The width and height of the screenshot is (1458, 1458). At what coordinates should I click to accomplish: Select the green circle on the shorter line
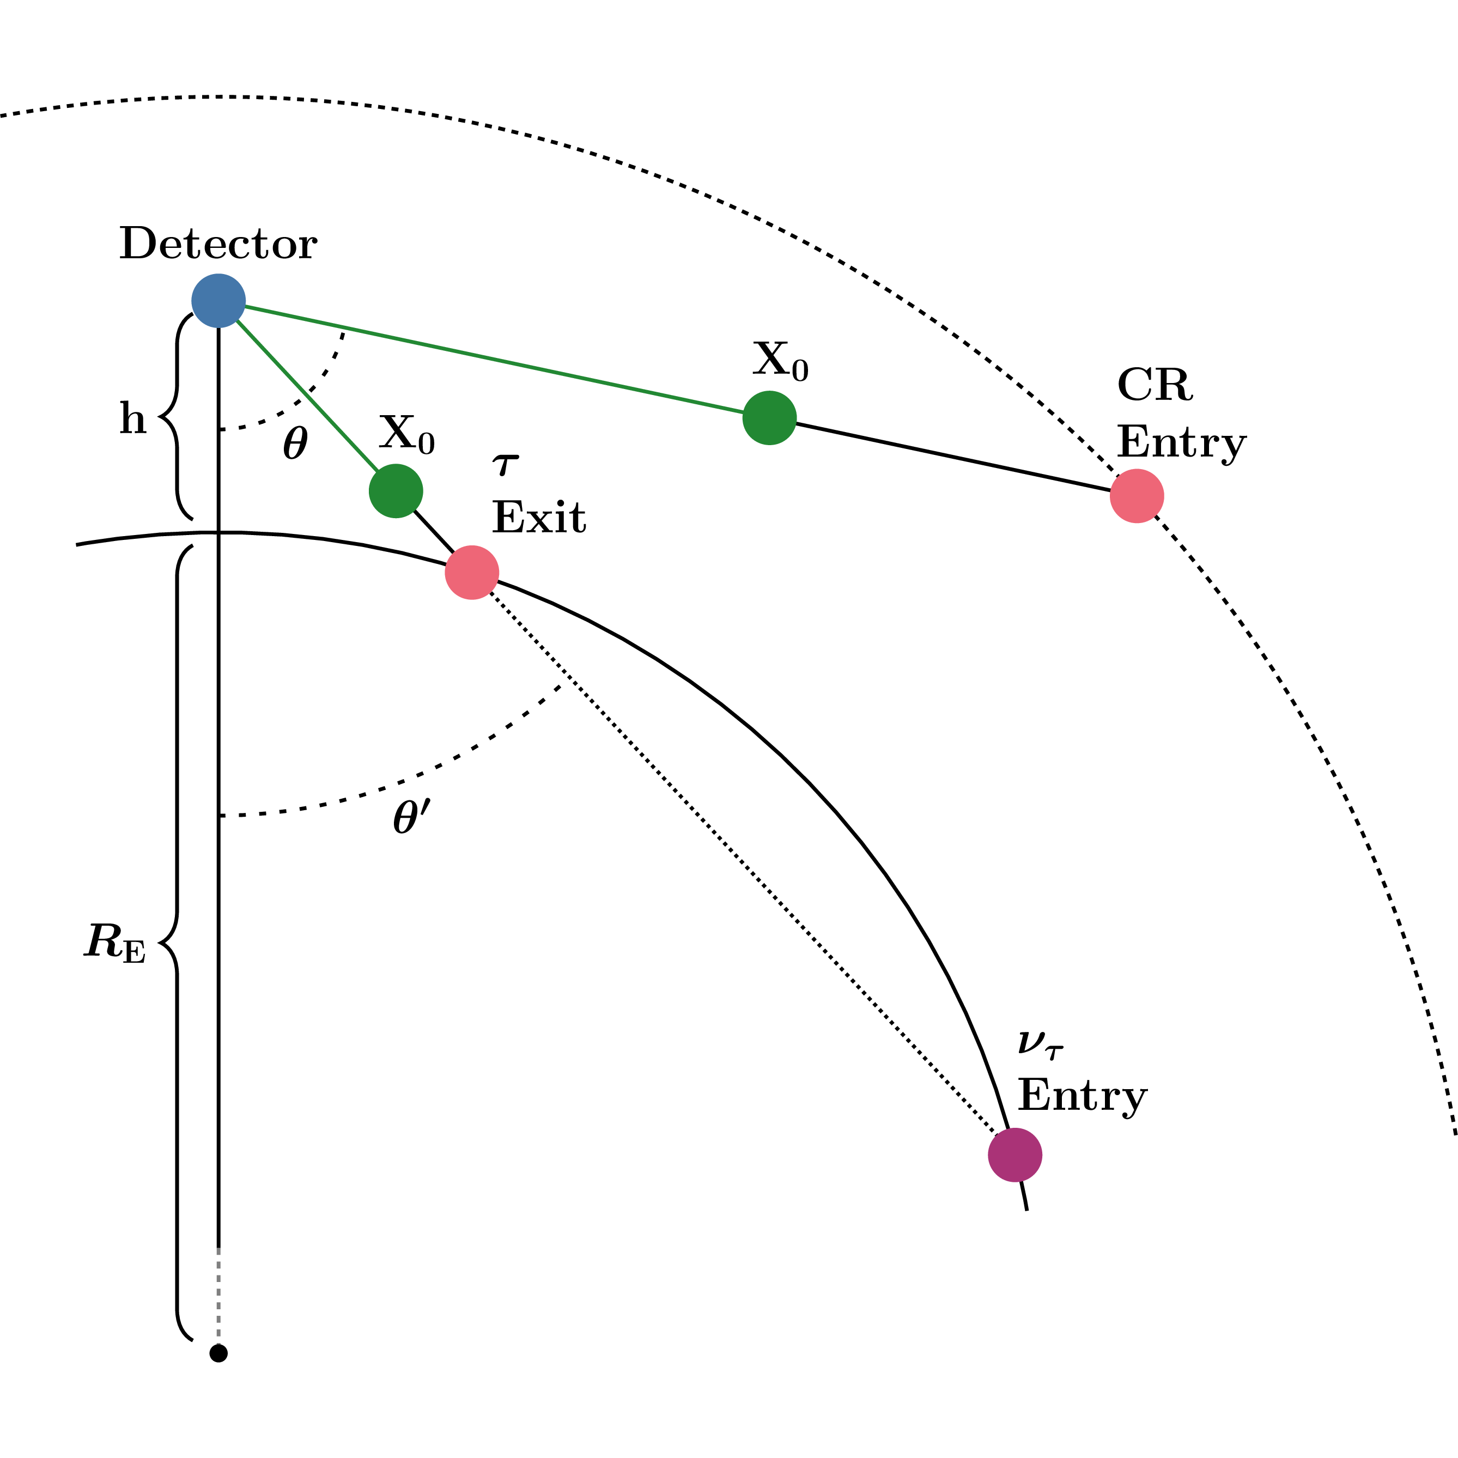tap(396, 490)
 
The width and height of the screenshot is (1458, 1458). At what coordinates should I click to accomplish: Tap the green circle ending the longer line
tap(769, 417)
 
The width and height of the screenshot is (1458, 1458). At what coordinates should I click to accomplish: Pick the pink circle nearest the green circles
tap(472, 572)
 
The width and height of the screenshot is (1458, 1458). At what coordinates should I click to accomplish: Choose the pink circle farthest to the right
tap(1137, 496)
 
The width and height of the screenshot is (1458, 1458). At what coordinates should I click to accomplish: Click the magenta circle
tap(1015, 1155)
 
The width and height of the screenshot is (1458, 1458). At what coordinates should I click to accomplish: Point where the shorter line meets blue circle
tap(237, 320)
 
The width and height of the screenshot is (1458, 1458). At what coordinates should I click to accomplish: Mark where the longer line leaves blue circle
tap(245, 306)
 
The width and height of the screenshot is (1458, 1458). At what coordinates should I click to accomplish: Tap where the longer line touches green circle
tap(743, 412)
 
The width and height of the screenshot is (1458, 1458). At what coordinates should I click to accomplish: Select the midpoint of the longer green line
tap(494, 359)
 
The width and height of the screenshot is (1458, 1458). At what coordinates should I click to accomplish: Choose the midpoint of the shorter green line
tap(307, 396)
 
